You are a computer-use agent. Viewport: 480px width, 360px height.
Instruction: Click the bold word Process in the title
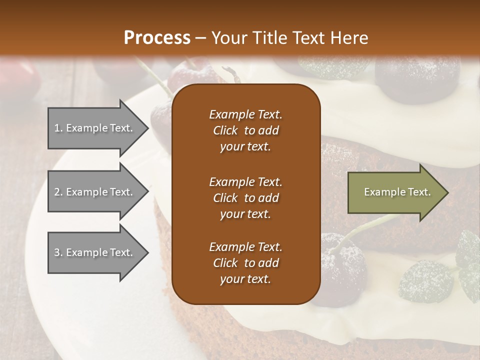(157, 38)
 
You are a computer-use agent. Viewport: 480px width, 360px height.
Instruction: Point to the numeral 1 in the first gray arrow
(56, 128)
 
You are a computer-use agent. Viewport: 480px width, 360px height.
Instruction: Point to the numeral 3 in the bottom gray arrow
(57, 252)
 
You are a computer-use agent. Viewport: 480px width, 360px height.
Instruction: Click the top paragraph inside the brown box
(245, 130)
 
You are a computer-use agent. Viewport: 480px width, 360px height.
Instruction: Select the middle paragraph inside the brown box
(245, 197)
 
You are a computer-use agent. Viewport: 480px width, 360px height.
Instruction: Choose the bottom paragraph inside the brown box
(245, 263)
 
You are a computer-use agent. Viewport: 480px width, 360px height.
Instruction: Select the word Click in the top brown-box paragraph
(225, 130)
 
